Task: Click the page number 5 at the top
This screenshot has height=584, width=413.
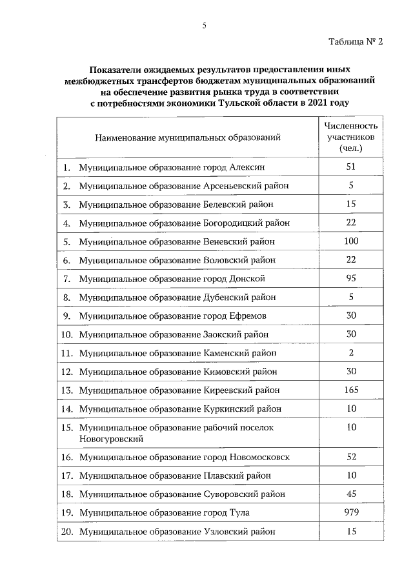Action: [x=204, y=26]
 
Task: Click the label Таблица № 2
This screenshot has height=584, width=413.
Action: [x=356, y=43]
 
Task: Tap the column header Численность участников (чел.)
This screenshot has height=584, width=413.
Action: [x=351, y=137]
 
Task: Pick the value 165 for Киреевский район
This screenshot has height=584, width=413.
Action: [x=351, y=390]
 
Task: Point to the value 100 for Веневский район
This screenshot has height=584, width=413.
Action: [x=351, y=241]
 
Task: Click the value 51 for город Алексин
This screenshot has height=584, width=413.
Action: [x=351, y=166]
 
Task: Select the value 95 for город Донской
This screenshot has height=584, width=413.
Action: [x=351, y=278]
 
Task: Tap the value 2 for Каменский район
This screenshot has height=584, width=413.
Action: [x=351, y=352]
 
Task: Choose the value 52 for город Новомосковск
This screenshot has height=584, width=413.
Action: [x=351, y=457]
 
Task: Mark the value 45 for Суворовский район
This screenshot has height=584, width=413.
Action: [x=351, y=494]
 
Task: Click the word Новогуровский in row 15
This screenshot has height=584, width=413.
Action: [x=110, y=439]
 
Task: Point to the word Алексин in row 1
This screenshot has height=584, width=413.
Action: [x=247, y=167]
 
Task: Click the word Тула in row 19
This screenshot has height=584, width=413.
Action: [x=239, y=513]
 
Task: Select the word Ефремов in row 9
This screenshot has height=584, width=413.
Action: [x=248, y=316]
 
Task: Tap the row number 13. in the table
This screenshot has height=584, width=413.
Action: [x=66, y=390]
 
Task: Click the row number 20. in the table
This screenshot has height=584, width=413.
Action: [x=66, y=532]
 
